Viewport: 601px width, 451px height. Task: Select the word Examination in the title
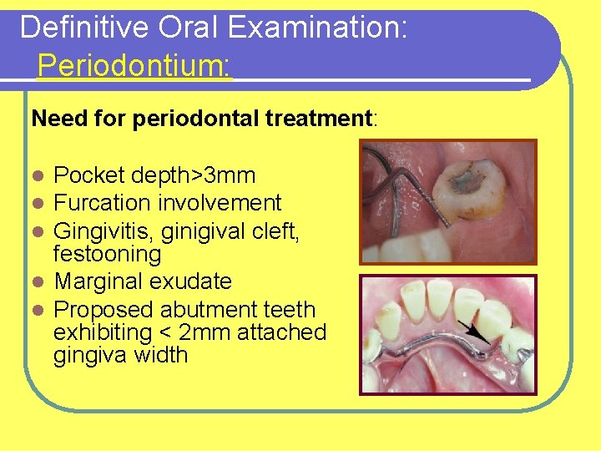[318, 28]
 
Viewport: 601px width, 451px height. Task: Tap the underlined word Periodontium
[134, 65]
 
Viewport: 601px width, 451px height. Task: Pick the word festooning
[107, 253]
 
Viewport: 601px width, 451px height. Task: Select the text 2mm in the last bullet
[206, 332]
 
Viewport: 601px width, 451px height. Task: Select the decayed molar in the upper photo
[472, 186]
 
